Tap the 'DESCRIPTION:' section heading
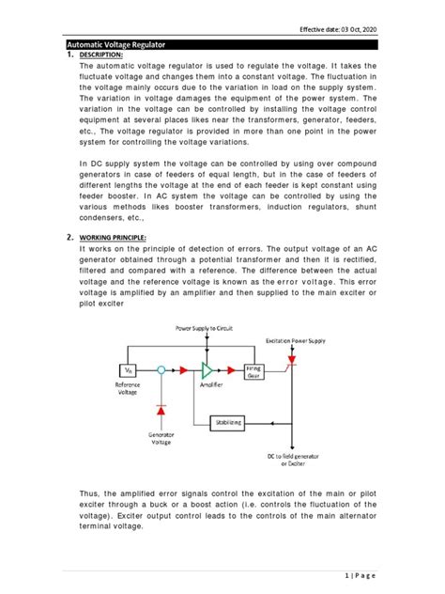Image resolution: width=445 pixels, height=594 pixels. tap(108, 55)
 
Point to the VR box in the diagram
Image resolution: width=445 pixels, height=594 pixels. tap(125, 370)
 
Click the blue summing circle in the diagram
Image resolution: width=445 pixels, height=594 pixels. tap(161, 370)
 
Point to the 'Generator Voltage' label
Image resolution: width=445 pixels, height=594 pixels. tap(161, 440)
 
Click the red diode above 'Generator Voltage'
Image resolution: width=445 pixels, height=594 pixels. tap(161, 410)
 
